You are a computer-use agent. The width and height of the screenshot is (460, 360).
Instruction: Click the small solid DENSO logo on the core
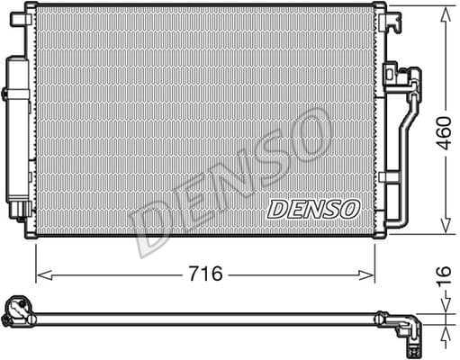(313, 208)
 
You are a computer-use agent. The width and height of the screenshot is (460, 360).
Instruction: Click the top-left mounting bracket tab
(31, 9)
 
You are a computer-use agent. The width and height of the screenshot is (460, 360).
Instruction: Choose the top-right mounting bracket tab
(380, 9)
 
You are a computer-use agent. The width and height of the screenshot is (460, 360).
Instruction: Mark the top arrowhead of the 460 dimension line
(445, 12)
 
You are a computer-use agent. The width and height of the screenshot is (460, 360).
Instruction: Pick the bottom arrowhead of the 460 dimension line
(445, 229)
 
